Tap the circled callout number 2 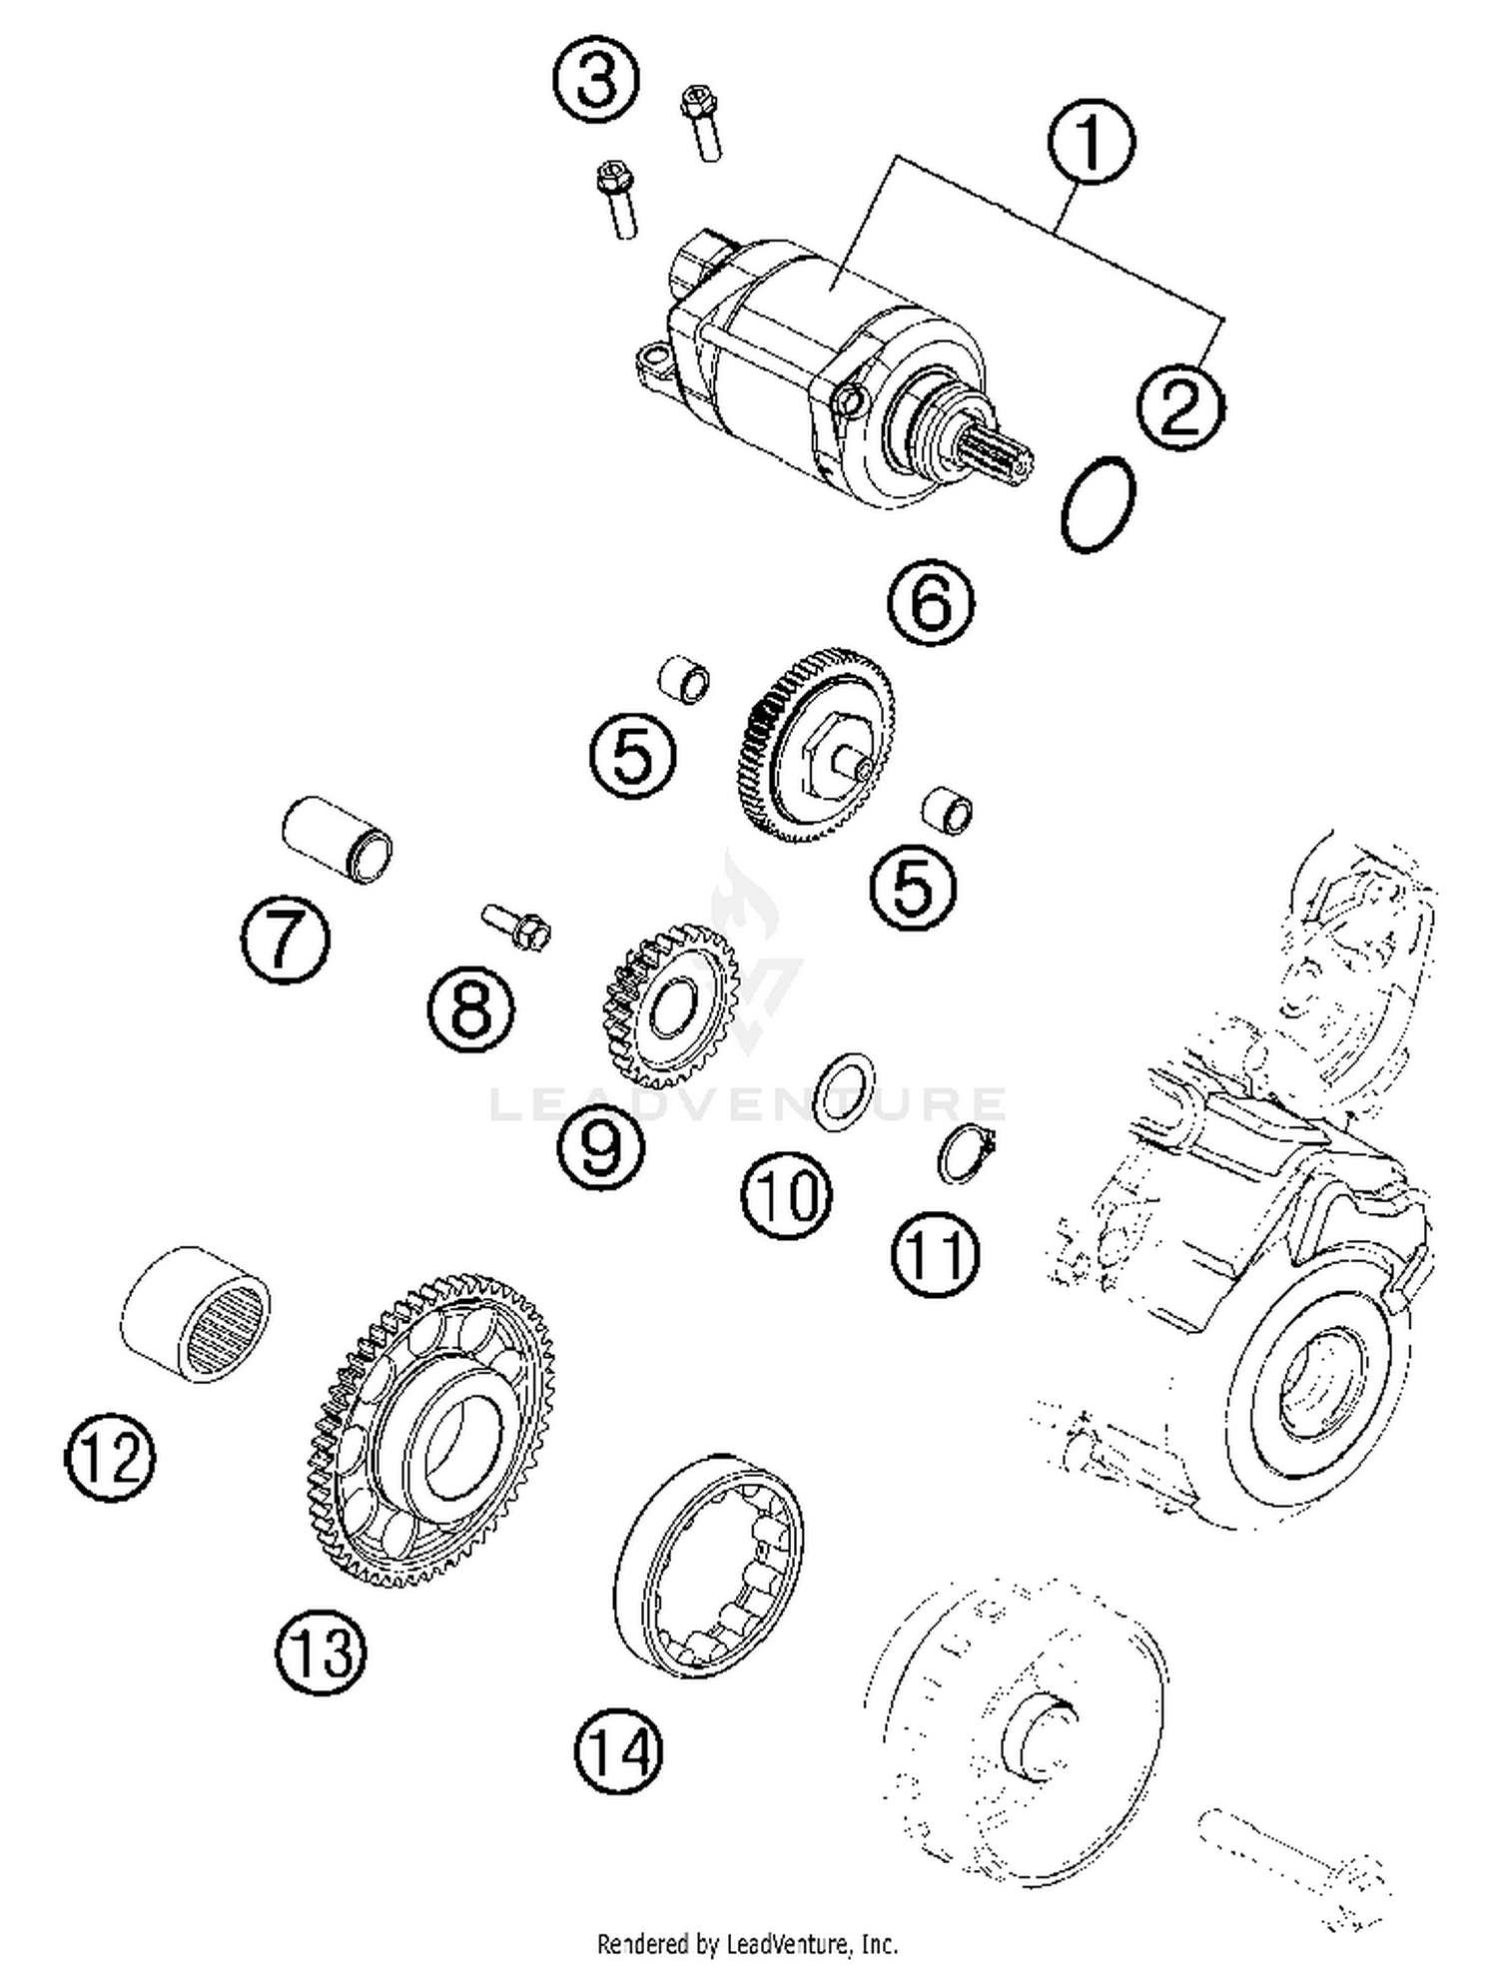tap(1179, 407)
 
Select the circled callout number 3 tap(596, 79)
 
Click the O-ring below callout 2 tap(1098, 504)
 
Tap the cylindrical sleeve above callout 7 tap(338, 839)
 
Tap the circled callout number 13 tap(321, 1650)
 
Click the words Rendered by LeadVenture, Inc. tap(747, 1943)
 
